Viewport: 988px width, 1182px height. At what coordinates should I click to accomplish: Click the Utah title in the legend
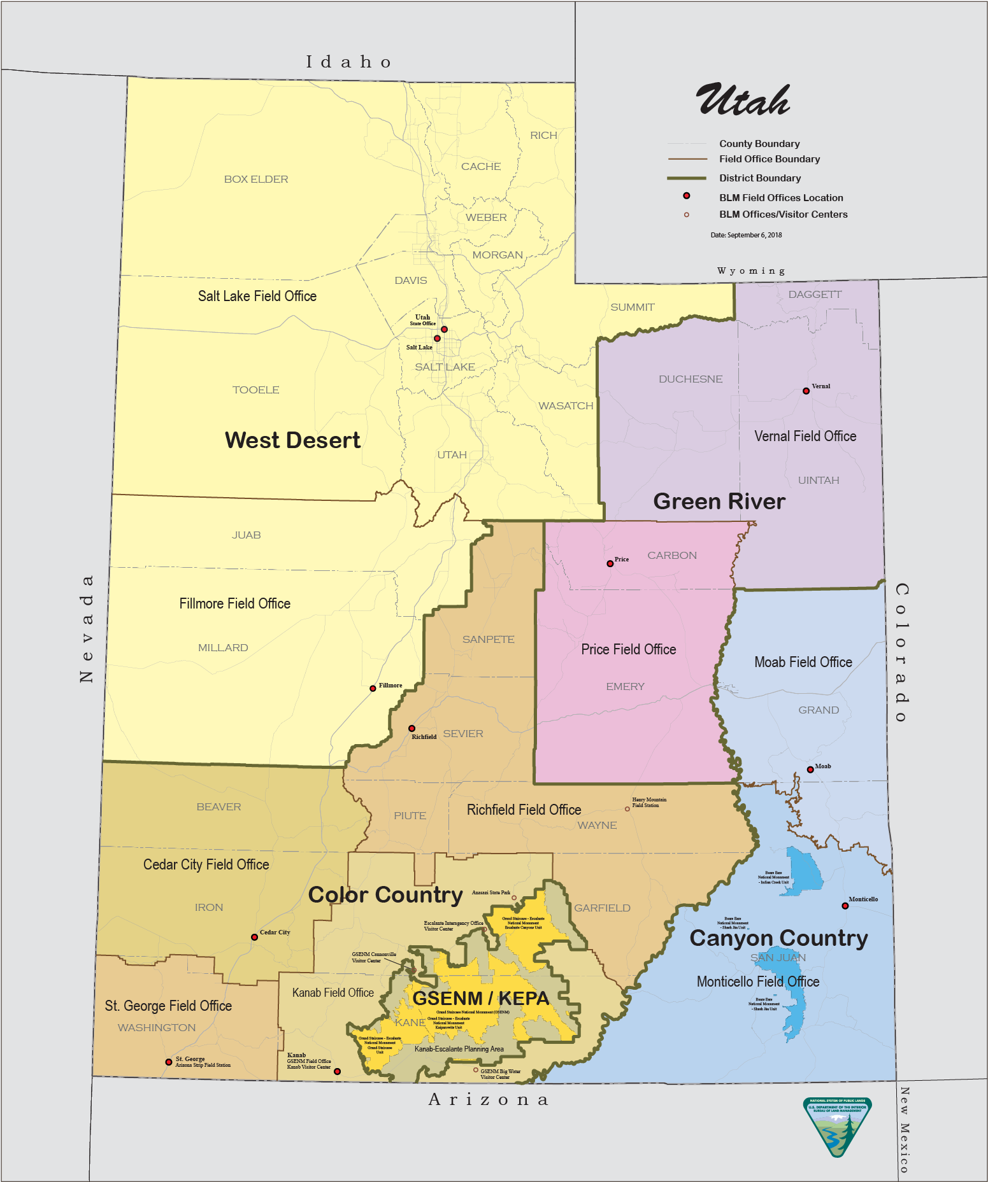point(743,101)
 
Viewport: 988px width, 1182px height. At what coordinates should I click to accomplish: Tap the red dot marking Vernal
point(806,391)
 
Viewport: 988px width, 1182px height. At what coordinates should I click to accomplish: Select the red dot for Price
point(610,563)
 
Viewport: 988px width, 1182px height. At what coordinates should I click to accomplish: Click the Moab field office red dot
point(810,770)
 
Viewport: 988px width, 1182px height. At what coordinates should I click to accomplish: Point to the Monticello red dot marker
point(845,906)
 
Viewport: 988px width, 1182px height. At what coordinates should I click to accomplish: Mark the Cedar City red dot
point(254,937)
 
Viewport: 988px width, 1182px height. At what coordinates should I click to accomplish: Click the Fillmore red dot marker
point(373,689)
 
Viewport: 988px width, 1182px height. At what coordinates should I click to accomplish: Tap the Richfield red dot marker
point(412,728)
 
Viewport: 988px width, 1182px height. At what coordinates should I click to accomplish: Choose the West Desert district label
point(292,440)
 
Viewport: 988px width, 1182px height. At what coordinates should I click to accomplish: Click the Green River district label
point(719,502)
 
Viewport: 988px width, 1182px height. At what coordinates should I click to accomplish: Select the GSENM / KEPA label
point(480,998)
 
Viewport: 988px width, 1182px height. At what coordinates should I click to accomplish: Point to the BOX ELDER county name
point(256,179)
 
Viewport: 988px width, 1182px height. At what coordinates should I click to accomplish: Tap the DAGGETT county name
point(815,295)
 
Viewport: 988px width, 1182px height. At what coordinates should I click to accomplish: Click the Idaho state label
point(348,62)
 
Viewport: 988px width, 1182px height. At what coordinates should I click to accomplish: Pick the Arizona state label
point(489,1099)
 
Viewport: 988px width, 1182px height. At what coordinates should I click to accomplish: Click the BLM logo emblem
point(837,1127)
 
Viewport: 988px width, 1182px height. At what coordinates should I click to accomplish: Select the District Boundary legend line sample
point(687,178)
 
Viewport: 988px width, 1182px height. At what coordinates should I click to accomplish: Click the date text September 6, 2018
point(746,235)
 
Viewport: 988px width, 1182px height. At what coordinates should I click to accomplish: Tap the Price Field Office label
point(628,649)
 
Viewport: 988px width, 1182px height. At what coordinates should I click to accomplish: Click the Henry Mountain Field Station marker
point(627,809)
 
